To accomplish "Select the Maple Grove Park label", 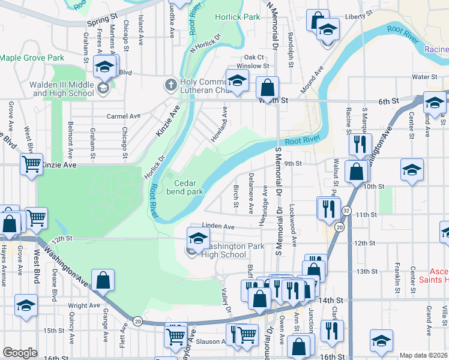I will pos(32,58).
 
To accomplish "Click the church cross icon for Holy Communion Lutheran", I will pos(171,85).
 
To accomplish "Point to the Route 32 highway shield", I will pos(346,211).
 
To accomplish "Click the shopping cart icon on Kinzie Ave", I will pos(31,163).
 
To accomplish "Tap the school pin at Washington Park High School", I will pos(198,238).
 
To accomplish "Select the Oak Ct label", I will pos(254,57).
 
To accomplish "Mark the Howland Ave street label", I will pos(219,124).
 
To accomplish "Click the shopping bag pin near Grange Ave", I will pos(103,280).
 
